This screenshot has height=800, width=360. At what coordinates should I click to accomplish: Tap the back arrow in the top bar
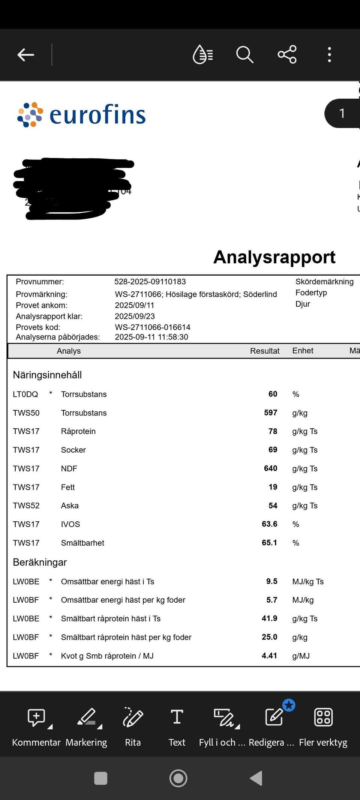[x=25, y=55]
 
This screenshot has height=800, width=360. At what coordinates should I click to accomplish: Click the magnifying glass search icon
[x=244, y=55]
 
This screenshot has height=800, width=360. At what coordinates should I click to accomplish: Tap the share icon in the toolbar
[x=287, y=55]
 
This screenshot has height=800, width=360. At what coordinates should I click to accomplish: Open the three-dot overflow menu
[x=329, y=55]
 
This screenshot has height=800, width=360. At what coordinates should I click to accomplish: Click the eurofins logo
[x=81, y=114]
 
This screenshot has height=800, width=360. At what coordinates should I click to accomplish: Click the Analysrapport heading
[x=274, y=257]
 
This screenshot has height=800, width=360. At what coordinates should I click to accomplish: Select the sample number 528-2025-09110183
[x=150, y=282]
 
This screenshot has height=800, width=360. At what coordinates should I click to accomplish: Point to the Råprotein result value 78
[x=273, y=431]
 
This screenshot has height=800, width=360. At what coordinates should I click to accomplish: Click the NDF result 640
[x=270, y=468]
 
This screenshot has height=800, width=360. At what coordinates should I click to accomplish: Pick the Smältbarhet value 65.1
[x=269, y=543]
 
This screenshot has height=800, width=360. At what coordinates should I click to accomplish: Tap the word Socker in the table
[x=73, y=450]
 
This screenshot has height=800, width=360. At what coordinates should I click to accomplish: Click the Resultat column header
[x=265, y=351]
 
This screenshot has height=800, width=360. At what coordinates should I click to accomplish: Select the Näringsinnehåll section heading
[x=47, y=375]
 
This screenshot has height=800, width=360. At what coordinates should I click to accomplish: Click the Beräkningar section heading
[x=40, y=562]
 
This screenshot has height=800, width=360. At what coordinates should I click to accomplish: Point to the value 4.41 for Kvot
[x=269, y=656]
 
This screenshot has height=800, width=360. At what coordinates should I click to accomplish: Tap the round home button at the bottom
[x=178, y=778]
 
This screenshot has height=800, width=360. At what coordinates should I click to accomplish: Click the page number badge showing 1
[x=342, y=113]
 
